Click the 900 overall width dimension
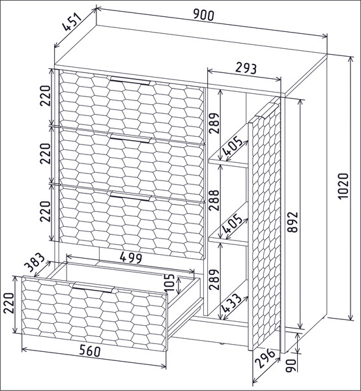coord(204,15)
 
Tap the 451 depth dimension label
coord(72,22)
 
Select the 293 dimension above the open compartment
coord(246,68)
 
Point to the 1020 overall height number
coord(343,186)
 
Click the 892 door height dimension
coord(293,222)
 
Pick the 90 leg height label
coord(291,366)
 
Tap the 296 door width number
coord(266,358)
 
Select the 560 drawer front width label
coord(90,351)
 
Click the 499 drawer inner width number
coord(131,257)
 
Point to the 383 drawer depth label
coord(36,263)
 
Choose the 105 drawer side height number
coord(169,283)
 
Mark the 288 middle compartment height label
coord(214,200)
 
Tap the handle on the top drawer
coord(130,81)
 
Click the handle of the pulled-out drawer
coord(93,287)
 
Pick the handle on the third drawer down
coord(130,195)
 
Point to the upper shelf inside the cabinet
coord(228,162)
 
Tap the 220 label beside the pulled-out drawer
coord(9,303)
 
